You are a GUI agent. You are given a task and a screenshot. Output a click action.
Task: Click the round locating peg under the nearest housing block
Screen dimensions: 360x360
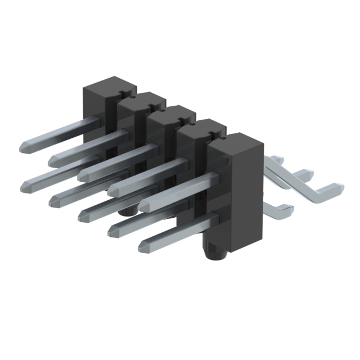(x=215, y=254)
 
